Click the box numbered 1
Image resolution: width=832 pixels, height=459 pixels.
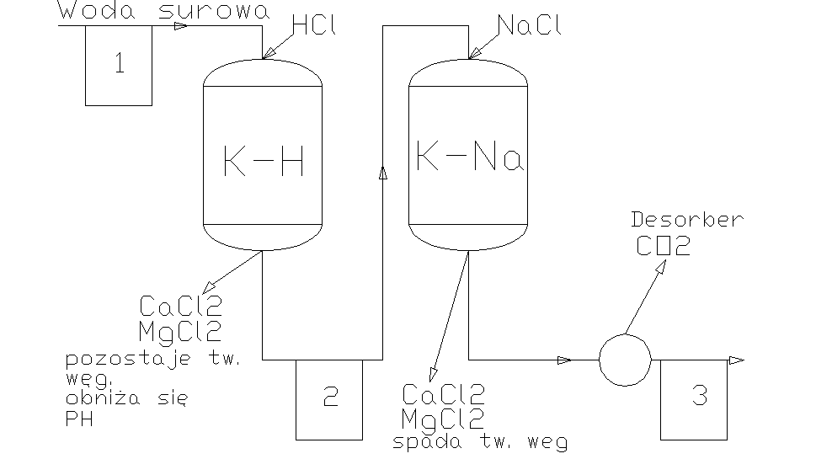click(119, 66)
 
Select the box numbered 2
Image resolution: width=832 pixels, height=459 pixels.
click(329, 398)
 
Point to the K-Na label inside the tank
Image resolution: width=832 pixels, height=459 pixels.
click(469, 157)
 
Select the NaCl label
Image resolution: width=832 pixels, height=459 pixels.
click(529, 26)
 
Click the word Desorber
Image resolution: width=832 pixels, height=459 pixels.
click(687, 221)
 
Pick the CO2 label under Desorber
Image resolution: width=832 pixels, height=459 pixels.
click(664, 247)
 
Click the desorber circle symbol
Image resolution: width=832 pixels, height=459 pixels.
click(625, 360)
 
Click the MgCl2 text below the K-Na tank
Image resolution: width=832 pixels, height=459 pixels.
click(443, 418)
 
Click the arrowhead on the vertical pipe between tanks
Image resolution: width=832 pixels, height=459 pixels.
click(383, 173)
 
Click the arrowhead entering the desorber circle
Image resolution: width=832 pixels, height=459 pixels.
click(564, 360)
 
